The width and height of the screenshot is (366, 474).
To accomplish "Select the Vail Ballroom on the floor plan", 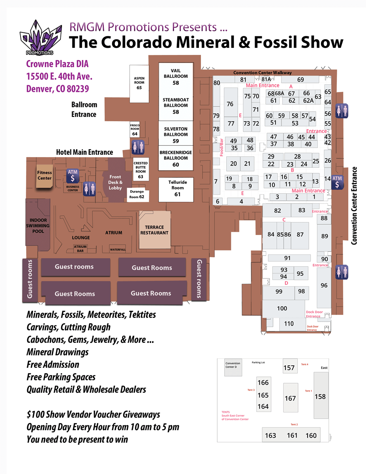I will tap(176, 77).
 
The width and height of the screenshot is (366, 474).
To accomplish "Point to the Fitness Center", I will tap(44, 175).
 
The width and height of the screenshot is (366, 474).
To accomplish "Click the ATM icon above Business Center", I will tap(72, 176).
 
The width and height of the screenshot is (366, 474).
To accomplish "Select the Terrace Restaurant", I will tap(154, 230).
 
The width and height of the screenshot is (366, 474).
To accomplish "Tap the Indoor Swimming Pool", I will tap(38, 225).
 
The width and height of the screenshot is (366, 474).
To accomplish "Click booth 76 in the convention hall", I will tap(230, 104).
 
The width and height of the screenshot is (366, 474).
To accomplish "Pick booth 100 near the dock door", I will tap(282, 308).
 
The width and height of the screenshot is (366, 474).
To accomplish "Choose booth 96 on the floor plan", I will tap(324, 285).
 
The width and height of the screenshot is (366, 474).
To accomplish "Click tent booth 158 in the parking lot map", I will tap(320, 396).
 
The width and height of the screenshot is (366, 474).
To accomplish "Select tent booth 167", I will tap(290, 398).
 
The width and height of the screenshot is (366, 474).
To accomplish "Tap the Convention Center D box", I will tap(233, 365).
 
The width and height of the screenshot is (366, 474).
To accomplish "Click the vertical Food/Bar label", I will tap(221, 147).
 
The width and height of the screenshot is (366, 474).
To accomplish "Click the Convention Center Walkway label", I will tap(263, 73).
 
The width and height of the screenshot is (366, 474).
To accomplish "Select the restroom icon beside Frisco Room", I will tap(135, 147).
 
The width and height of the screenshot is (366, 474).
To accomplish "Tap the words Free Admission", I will tap(53, 364).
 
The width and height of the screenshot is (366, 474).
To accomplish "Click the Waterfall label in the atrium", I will tap(118, 249).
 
